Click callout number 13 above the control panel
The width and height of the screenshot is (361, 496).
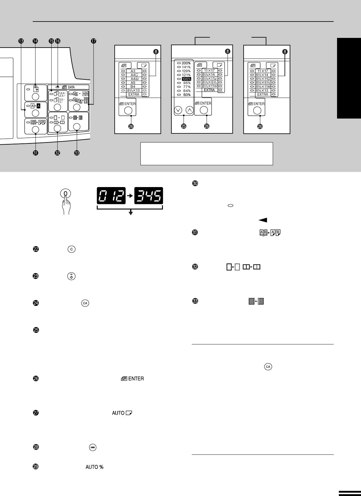click(x=21, y=41)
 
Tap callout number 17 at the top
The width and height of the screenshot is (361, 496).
click(x=93, y=41)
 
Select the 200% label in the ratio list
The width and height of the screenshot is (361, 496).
click(x=186, y=63)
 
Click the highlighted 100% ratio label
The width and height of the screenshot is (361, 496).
click(x=186, y=79)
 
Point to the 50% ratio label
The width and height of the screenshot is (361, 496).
click(x=187, y=95)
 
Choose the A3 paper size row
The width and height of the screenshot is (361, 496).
click(x=133, y=71)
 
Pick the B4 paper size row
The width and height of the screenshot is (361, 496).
click(x=133, y=87)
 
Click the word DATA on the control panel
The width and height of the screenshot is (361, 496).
click(x=71, y=87)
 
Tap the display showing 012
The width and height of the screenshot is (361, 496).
click(x=111, y=196)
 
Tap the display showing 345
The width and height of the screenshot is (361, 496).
click(x=149, y=196)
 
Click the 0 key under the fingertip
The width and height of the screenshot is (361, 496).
click(x=66, y=193)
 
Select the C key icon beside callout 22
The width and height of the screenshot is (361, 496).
click(x=72, y=249)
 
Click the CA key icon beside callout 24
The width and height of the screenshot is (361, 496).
click(x=85, y=303)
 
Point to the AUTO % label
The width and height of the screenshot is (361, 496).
click(x=95, y=467)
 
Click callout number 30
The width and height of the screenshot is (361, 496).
click(x=195, y=183)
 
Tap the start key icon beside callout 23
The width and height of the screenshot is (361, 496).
click(x=71, y=276)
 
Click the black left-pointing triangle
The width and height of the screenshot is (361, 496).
click(x=263, y=220)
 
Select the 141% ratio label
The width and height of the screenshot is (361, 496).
click(x=186, y=67)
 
